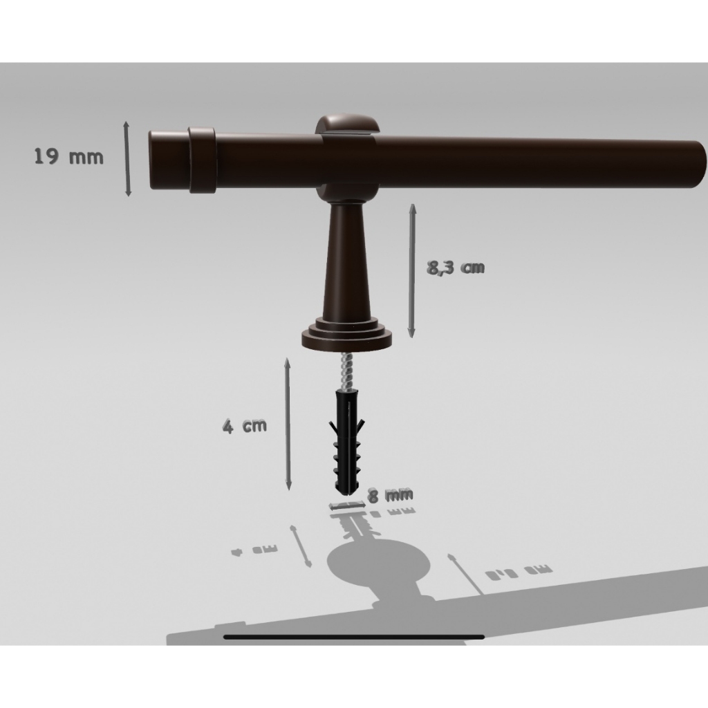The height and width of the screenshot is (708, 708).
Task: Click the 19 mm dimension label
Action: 68,157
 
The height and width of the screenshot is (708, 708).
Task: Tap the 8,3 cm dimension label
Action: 456,268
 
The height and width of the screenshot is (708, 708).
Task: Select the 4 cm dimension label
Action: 245,426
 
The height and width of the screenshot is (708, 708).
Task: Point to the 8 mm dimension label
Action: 391,495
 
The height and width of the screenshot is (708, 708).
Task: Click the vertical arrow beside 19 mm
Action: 127,158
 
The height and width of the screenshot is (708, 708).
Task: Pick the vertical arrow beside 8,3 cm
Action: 412,271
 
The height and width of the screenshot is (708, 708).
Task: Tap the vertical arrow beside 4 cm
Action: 288,424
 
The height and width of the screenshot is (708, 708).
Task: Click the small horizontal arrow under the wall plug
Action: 347,505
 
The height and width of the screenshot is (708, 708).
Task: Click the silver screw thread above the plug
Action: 346,371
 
